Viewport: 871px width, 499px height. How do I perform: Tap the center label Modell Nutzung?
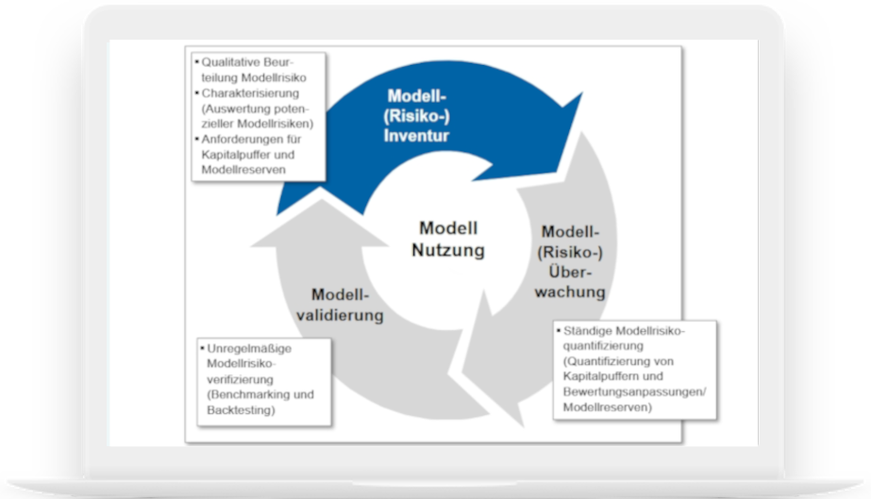pyautogui.click(x=448, y=240)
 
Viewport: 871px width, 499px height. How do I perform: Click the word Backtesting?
pyautogui.click(x=240, y=410)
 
